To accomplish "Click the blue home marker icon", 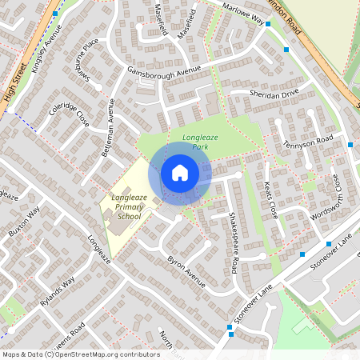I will [180, 172].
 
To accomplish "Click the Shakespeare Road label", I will [234, 241].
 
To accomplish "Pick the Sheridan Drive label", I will [275, 94].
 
